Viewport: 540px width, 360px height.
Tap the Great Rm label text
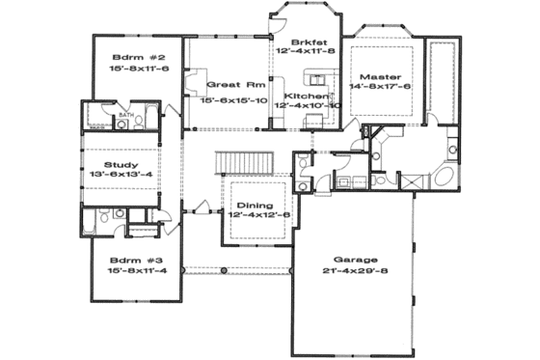pyautogui.click(x=229, y=84)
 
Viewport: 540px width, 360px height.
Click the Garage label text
pyautogui.click(x=354, y=260)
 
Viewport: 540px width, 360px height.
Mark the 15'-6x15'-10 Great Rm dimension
pyautogui.click(x=232, y=99)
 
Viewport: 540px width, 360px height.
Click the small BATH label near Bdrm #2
pyautogui.click(x=124, y=115)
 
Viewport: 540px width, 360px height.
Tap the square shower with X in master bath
pyautogui.click(x=408, y=180)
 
